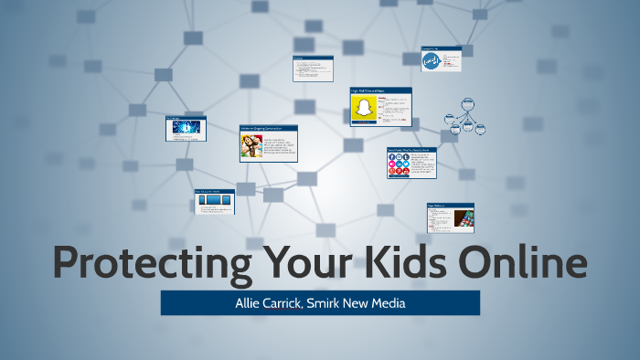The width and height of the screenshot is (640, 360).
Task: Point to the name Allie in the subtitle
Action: (x=247, y=302)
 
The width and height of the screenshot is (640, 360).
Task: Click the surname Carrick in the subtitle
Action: (x=284, y=302)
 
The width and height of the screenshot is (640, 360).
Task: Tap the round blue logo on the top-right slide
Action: (x=431, y=61)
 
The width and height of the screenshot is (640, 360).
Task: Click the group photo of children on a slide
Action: (x=251, y=146)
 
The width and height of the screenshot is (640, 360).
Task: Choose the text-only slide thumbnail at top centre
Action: (x=311, y=69)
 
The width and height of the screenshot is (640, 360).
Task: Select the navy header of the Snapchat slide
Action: (x=380, y=90)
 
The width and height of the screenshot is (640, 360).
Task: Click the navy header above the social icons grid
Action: (x=411, y=149)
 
